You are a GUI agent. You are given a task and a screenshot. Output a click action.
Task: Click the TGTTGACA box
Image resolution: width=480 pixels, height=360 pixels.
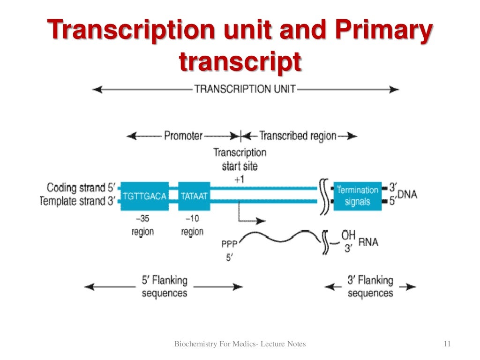(144, 195)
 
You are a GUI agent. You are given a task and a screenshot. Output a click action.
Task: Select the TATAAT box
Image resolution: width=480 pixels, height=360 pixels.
(194, 195)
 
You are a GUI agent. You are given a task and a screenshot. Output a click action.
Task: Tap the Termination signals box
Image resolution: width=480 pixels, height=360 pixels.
(357, 196)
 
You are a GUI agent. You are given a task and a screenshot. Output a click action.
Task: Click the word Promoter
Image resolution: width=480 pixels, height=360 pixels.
(183, 136)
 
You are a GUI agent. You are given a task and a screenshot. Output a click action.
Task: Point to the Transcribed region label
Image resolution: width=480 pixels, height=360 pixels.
(298, 136)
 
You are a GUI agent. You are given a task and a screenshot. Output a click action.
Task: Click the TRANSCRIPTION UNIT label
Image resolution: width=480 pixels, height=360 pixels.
(245, 89)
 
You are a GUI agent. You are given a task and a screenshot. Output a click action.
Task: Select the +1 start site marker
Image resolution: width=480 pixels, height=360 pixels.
(240, 179)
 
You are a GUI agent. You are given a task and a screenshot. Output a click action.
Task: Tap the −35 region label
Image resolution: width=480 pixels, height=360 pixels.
(142, 225)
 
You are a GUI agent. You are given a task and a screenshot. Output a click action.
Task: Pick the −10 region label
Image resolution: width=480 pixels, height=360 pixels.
(192, 225)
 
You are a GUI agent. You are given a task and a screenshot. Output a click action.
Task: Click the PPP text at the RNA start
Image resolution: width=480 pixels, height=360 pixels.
(229, 244)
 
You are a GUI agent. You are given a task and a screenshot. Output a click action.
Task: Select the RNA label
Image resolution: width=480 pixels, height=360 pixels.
(368, 242)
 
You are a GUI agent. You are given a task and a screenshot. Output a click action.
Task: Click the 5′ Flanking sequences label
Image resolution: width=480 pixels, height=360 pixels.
(165, 286)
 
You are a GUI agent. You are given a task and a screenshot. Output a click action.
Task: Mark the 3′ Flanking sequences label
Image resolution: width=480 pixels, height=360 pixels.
(370, 286)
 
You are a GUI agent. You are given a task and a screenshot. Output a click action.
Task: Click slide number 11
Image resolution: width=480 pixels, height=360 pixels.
(446, 344)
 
